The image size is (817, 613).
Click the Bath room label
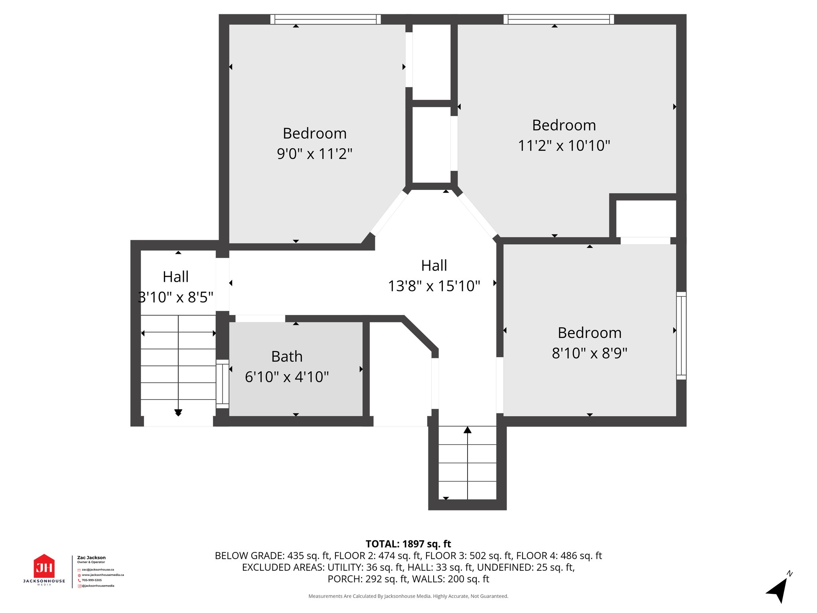tap(287, 356)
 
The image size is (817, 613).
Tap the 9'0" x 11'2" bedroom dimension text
tap(315, 154)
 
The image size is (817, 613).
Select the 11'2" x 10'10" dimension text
tap(564, 146)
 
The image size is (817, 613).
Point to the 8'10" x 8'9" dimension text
tap(590, 353)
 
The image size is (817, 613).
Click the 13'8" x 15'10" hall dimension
tap(434, 286)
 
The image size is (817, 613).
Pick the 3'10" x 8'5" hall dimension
tap(176, 297)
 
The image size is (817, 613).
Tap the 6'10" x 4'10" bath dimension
tap(287, 377)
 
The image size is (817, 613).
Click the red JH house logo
tap(44, 566)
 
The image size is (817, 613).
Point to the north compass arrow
tap(778, 589)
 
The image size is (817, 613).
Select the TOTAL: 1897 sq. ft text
tap(408, 544)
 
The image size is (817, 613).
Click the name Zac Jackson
tap(91, 558)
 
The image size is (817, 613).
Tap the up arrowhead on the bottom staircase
tap(468, 430)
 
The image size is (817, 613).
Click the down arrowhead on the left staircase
tap(178, 413)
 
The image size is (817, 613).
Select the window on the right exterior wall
tap(681, 336)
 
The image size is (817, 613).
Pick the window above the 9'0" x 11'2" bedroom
tap(326, 19)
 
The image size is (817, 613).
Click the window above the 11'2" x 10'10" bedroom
tap(558, 19)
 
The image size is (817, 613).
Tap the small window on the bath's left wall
tap(223, 384)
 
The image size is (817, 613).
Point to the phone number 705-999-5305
tap(92, 580)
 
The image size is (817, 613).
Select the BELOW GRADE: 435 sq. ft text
tap(272, 556)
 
